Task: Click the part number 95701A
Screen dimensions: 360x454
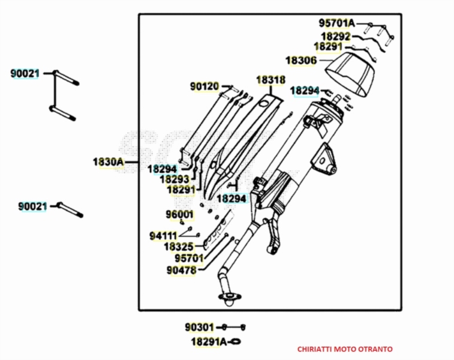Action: pos(336,23)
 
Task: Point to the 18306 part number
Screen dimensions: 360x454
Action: pos(301,61)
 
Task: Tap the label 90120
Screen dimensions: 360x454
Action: pos(205,86)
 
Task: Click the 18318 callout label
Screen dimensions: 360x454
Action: pos(271,79)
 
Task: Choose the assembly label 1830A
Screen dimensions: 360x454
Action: pos(108,161)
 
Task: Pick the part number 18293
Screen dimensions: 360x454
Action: pos(175,179)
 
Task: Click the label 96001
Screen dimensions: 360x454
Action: pos(179,214)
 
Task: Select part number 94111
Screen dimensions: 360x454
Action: pos(163,235)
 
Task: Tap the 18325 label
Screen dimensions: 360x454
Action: pos(178,247)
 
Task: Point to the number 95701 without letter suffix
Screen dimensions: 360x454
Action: pos(189,258)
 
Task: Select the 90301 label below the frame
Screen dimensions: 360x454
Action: pos(199,328)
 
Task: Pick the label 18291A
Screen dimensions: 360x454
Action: pos(209,341)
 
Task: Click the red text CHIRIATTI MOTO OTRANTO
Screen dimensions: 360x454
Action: pos(345,349)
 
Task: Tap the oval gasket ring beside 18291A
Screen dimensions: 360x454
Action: pos(236,342)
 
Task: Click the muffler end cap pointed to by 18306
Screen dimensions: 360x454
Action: pos(351,71)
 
